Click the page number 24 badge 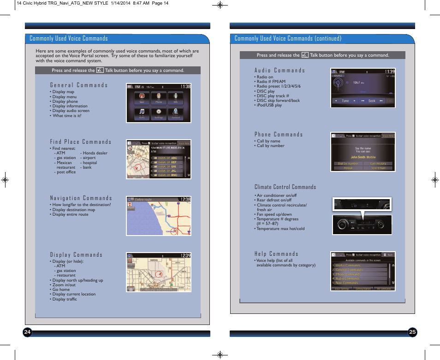pos(27,332)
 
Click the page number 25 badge pos(412,332)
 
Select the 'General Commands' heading pos(79,85)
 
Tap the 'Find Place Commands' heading pos(81,142)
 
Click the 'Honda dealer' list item pos(95,153)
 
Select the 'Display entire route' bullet pos(70,214)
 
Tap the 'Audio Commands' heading pos(279,71)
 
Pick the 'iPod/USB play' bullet pos(269,105)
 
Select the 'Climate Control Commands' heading pos(285,187)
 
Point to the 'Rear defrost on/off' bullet pos(274,200)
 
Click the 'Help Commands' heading pos(276,254)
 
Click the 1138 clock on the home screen pos(185,86)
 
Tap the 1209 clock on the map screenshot pos(185,255)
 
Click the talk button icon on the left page pos(100,71)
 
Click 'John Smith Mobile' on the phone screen pos(363,157)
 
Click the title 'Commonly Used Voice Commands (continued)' pos(288,38)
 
